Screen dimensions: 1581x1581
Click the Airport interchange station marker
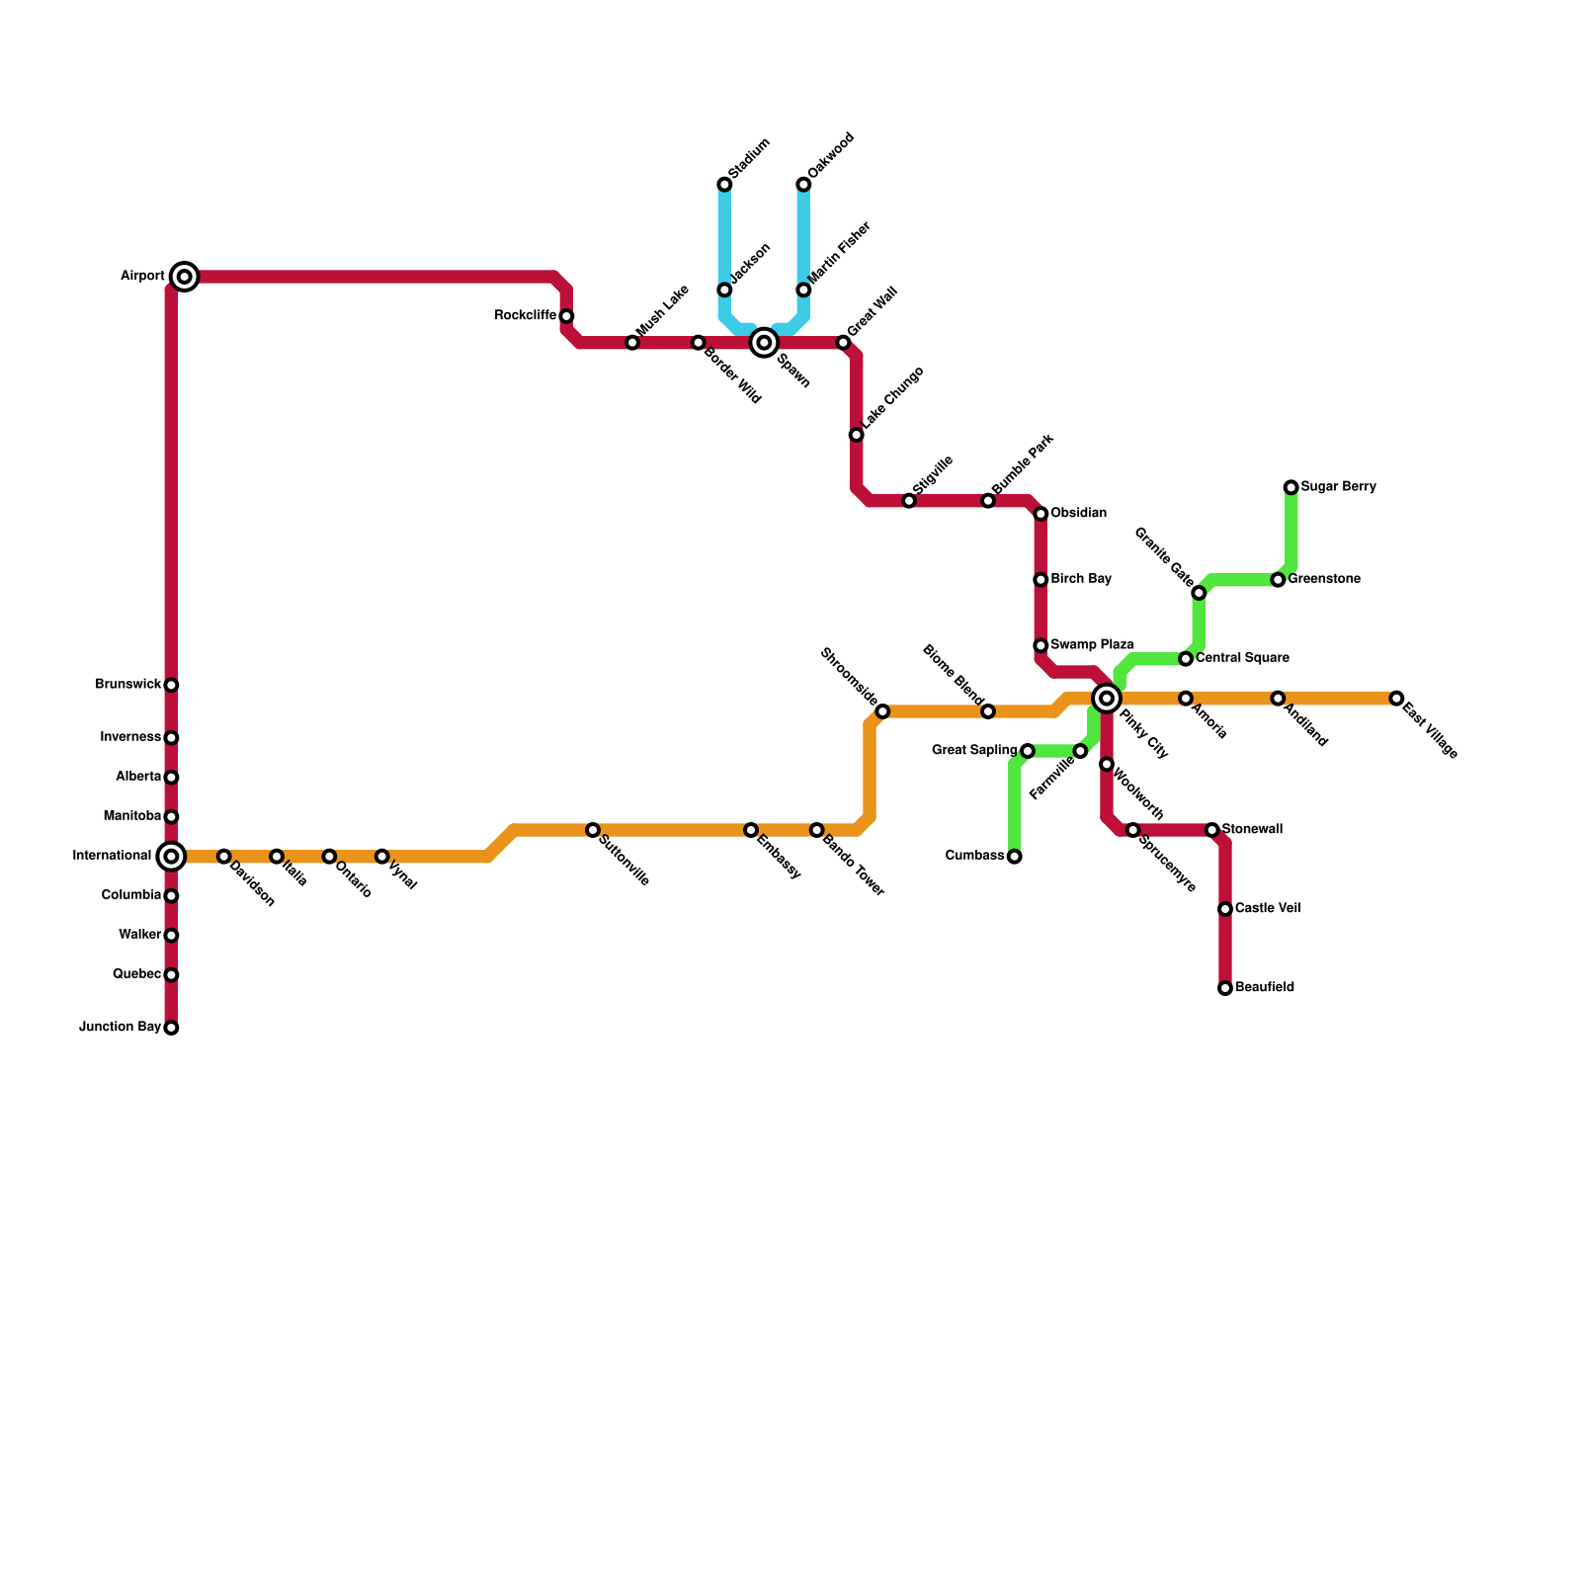(184, 277)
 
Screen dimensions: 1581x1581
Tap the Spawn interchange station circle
(764, 343)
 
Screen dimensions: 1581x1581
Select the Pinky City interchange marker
(1107, 699)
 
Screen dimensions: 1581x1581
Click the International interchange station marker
(171, 856)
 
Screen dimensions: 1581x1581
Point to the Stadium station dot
(724, 185)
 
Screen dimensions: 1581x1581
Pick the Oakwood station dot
(803, 185)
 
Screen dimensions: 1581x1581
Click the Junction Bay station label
(120, 1028)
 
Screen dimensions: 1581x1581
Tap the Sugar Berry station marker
(1290, 487)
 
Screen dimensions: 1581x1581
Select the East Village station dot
(1396, 699)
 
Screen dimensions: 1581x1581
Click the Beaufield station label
(1265, 988)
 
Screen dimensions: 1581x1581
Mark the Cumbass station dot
(1015, 857)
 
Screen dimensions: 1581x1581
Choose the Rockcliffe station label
(525, 316)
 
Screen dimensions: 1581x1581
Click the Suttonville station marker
(593, 830)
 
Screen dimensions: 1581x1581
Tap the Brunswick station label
(127, 685)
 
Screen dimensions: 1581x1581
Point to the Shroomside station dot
(882, 711)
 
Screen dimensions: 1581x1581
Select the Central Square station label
(1242, 658)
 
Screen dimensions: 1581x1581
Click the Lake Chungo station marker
(857, 435)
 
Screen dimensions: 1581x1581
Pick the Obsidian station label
(1078, 514)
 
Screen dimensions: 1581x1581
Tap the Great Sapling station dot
(1028, 751)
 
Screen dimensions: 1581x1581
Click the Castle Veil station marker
(1225, 909)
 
